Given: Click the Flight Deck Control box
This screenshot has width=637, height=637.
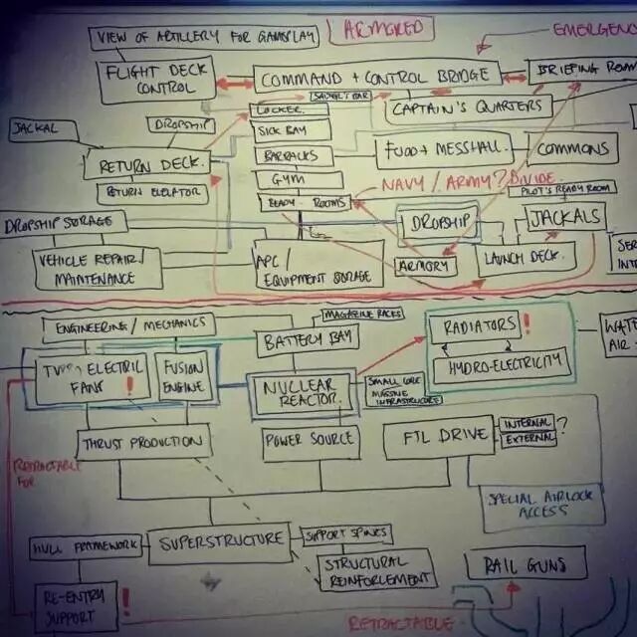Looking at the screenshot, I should click(156, 80).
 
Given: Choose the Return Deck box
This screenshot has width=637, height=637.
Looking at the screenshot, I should click(146, 163).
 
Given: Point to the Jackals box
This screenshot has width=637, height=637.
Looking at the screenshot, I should click(564, 217).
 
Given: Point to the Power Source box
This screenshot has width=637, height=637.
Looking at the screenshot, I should click(308, 438).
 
